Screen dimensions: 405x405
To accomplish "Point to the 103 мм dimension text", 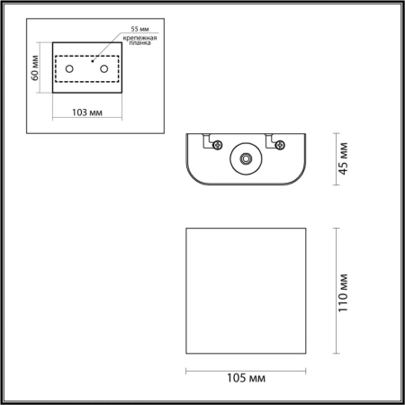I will coord(87,112).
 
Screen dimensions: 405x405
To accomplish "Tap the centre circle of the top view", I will coord(244,159).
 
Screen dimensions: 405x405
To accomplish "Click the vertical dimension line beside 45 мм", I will coord(336,160).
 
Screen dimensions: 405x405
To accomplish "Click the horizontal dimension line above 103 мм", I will coord(87,102).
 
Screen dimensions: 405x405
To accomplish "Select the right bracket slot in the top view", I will coord(271,141).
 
